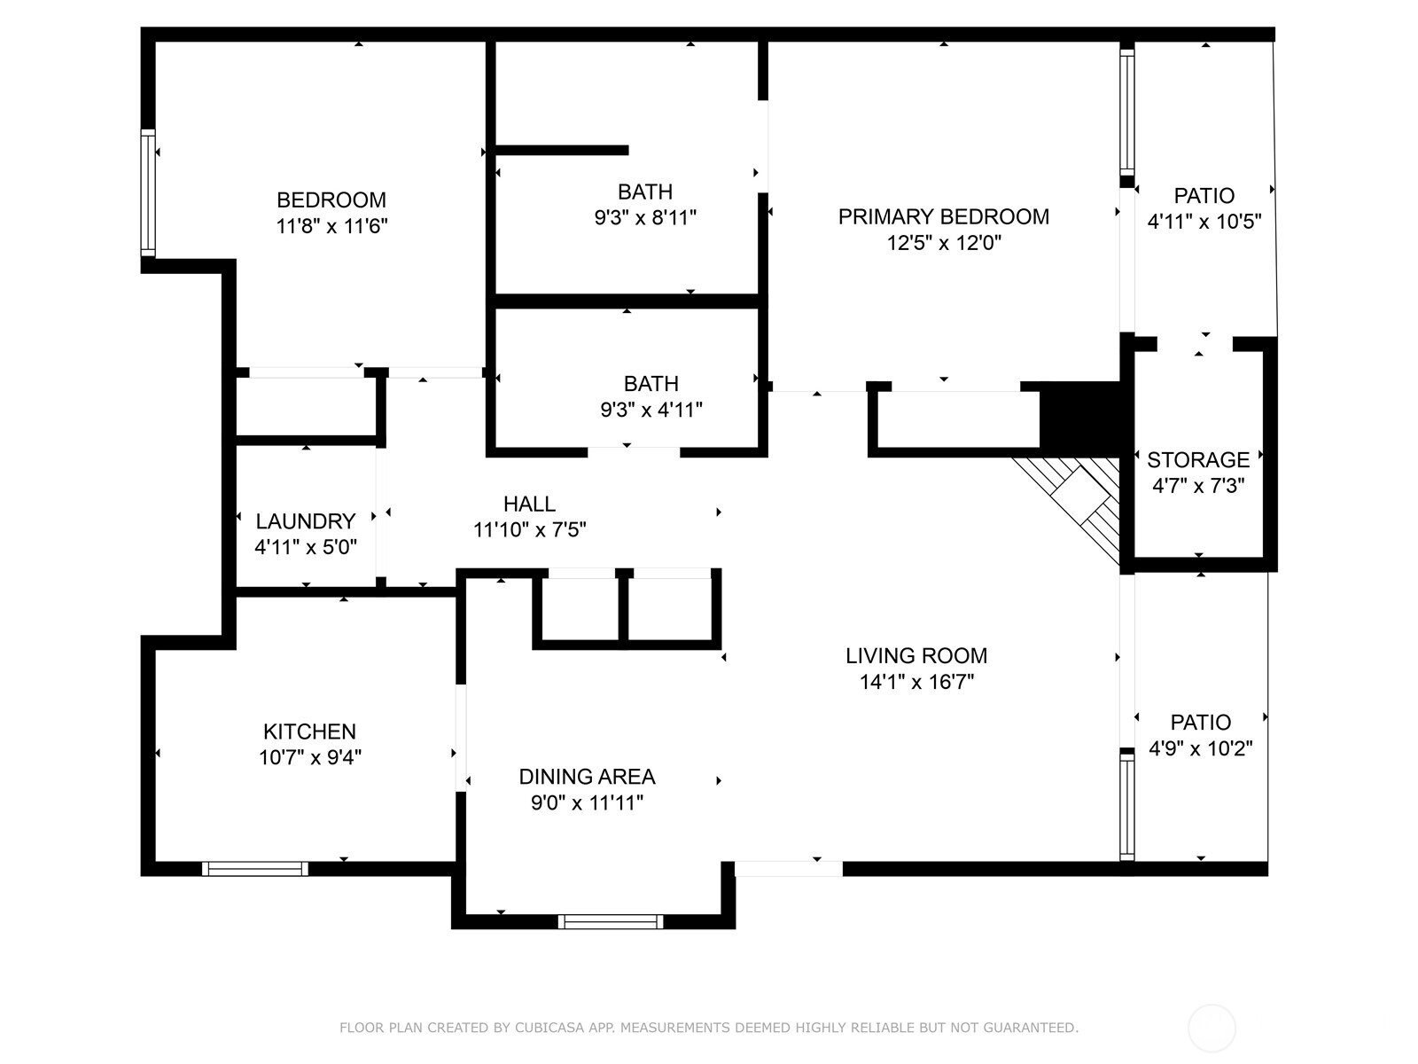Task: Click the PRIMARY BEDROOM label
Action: coord(943,216)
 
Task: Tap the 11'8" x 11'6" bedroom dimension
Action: coord(331,226)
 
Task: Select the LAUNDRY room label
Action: coord(305,521)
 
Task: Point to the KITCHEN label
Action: coord(309,731)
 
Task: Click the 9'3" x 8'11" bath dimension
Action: coord(645,217)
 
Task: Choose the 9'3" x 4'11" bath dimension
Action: coord(651,410)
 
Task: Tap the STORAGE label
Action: coord(1198,459)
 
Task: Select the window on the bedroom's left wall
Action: coord(148,193)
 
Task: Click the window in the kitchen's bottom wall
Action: coord(255,869)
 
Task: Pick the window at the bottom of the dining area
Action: coord(611,922)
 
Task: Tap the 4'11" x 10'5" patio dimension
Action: coord(1204,222)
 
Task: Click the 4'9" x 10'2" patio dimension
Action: coord(1200,748)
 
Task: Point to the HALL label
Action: coord(529,505)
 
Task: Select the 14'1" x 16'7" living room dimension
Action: coord(916,682)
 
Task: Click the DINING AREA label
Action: coord(587,777)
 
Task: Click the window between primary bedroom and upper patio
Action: coord(1126,111)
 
